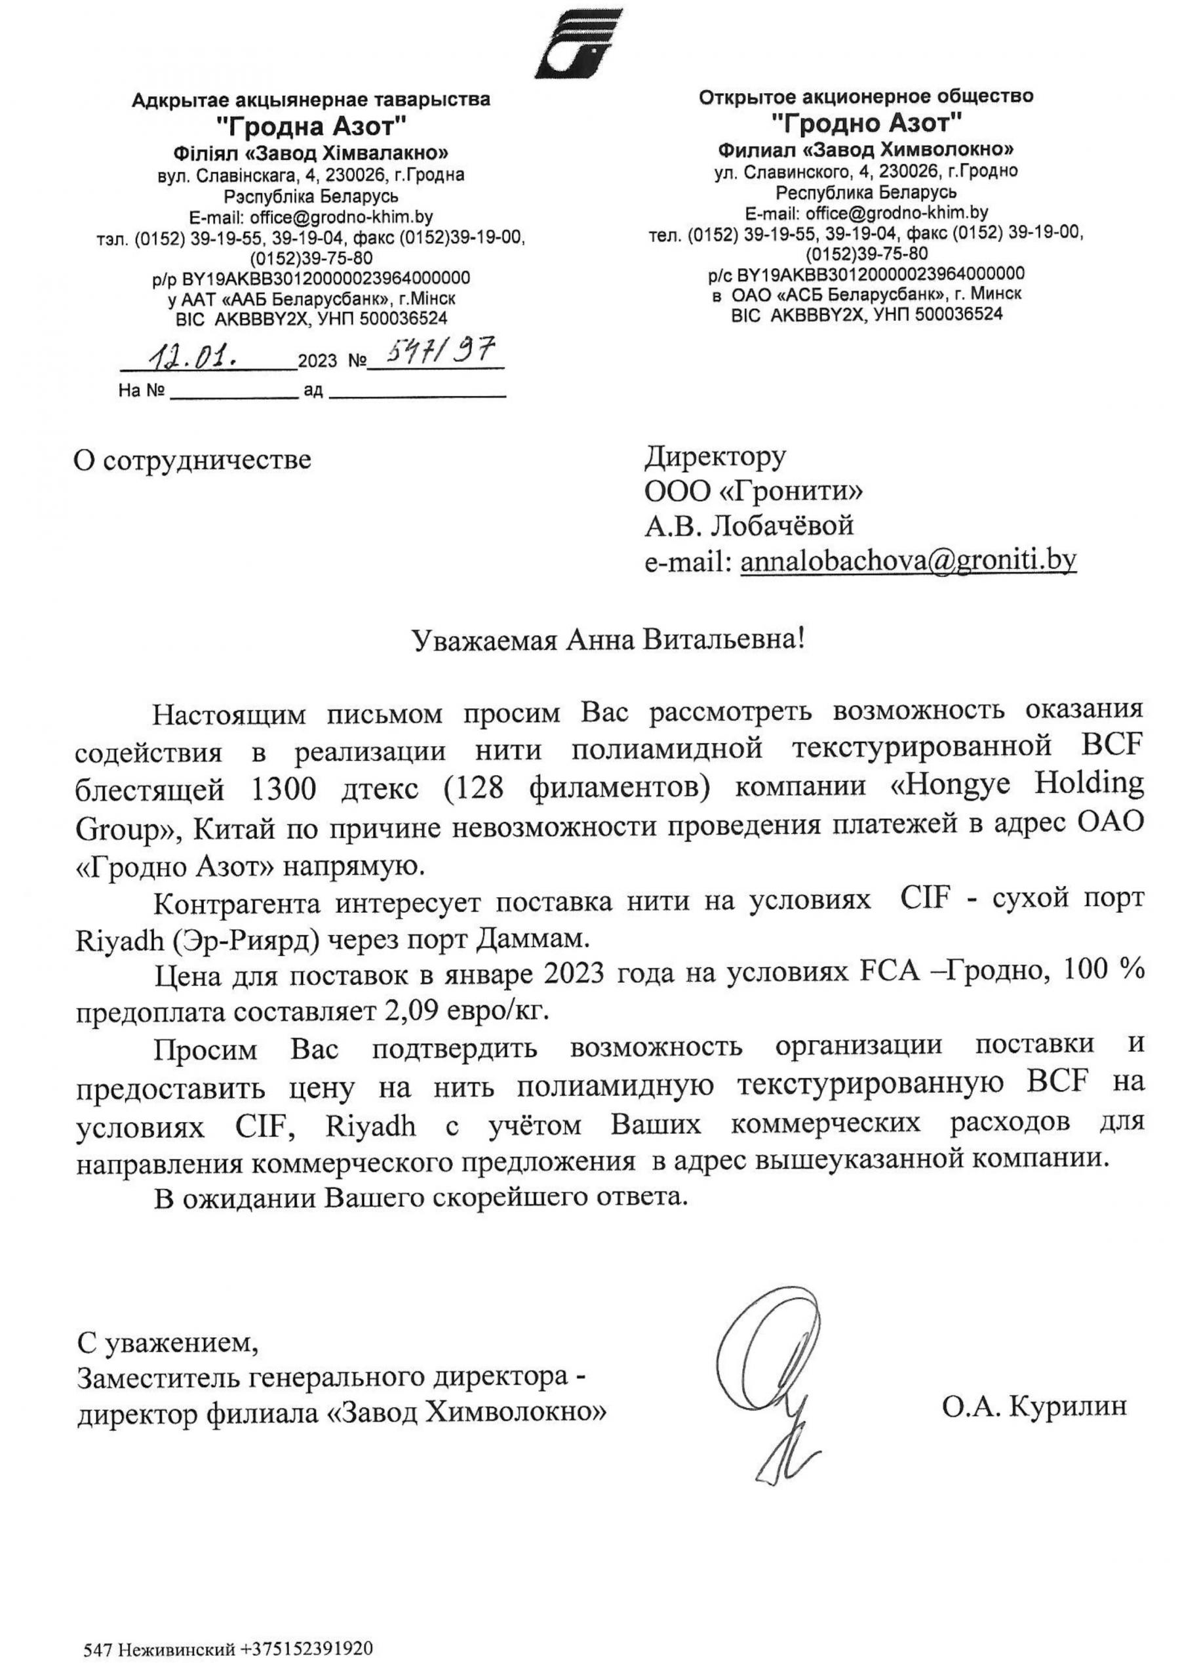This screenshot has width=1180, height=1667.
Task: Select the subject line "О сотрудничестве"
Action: tap(193, 460)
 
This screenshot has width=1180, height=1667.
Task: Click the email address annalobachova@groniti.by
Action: tap(908, 559)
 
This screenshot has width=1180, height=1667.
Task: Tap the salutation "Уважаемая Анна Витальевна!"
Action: tap(608, 640)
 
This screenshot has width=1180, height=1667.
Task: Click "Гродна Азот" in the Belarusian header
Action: tap(313, 128)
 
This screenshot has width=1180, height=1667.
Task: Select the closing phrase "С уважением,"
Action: tap(167, 1343)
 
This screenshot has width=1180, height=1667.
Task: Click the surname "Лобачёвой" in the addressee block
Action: tap(782, 525)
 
